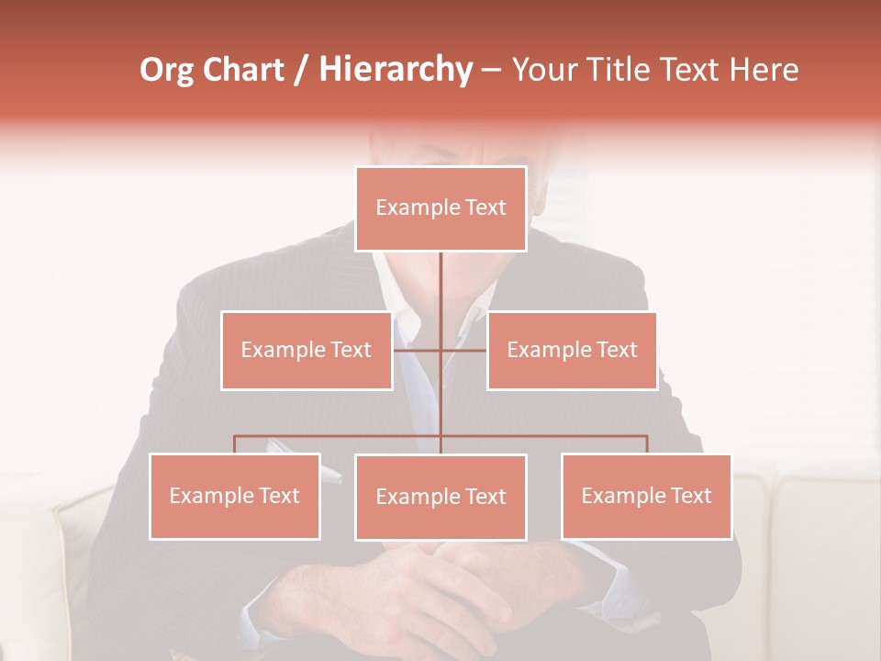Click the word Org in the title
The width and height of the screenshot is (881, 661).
tap(166, 70)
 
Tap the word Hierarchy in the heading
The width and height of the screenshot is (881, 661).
tap(396, 70)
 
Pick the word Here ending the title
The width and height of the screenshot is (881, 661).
tap(764, 70)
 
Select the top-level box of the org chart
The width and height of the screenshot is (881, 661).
tap(440, 208)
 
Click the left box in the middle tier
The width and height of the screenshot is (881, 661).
tap(307, 351)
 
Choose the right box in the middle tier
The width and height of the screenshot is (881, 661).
tap(572, 351)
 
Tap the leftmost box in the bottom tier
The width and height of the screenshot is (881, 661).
tap(235, 497)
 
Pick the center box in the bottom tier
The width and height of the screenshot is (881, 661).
tap(440, 498)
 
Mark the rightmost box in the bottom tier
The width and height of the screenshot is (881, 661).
tap(646, 497)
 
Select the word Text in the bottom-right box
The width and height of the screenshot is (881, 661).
tap(690, 497)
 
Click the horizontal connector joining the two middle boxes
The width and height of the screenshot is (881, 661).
tap(463, 350)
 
